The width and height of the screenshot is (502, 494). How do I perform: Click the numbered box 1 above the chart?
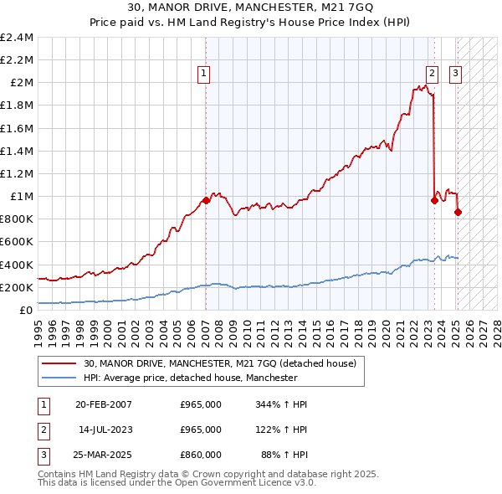pyautogui.click(x=205, y=74)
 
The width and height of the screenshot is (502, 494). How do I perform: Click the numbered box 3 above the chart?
pyautogui.click(x=456, y=74)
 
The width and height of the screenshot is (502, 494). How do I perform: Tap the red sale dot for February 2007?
pyautogui.click(x=206, y=200)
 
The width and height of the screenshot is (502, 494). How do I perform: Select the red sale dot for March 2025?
pyautogui.click(x=458, y=212)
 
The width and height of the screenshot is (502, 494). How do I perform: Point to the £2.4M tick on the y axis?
pyautogui.click(x=18, y=38)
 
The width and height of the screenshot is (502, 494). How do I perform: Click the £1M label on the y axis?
pyautogui.click(x=22, y=197)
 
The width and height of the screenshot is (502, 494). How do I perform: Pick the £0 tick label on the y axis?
pyautogui.click(x=26, y=310)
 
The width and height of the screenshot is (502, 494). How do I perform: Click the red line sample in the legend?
pyautogui.click(x=59, y=363)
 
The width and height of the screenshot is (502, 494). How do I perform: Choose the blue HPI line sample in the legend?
pyautogui.click(x=59, y=378)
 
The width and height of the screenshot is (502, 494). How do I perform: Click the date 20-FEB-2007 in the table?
pyautogui.click(x=104, y=404)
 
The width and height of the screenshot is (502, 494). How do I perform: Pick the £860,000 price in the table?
pyautogui.click(x=201, y=455)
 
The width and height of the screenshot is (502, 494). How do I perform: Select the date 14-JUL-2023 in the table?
pyautogui.click(x=105, y=430)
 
